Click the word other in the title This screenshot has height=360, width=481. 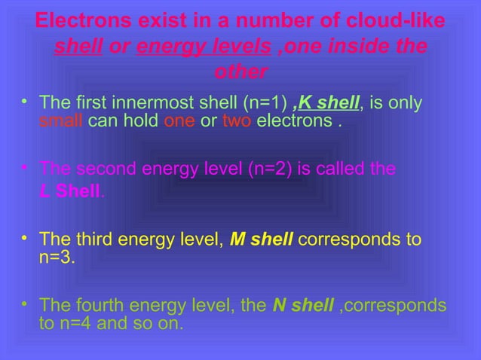tap(240, 73)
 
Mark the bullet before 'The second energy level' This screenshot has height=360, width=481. tap(26, 166)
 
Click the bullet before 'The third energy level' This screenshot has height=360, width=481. tap(26, 239)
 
